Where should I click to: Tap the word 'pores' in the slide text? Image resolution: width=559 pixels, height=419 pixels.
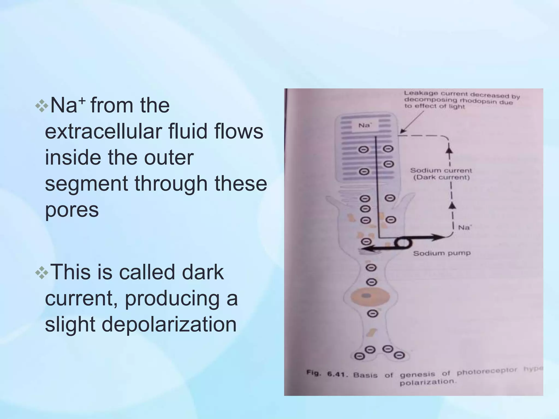point(72,210)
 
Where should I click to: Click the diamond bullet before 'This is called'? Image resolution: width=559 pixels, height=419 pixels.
point(42,273)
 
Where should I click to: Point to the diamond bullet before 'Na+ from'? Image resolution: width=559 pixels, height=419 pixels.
point(42,106)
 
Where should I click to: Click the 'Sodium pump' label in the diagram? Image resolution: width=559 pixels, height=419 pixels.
point(442,253)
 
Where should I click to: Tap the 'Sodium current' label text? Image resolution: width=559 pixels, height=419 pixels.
point(441,170)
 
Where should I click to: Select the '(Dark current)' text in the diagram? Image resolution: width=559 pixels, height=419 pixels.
point(441,178)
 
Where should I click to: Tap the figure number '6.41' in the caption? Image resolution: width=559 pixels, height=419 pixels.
point(338,374)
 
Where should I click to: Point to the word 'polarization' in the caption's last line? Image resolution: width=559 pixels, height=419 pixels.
point(427,382)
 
